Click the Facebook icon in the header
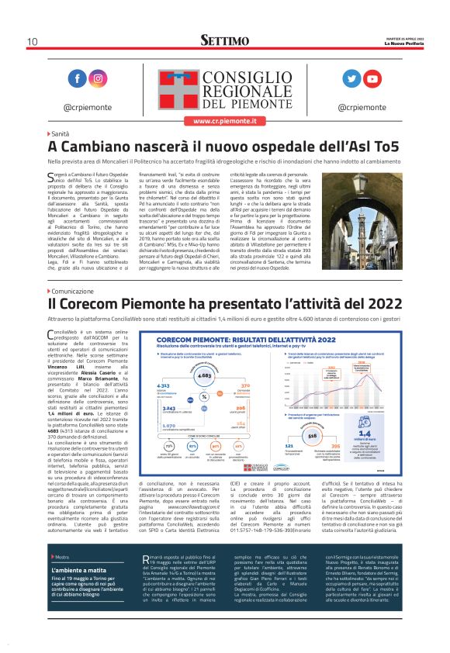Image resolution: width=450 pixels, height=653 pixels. [78, 79]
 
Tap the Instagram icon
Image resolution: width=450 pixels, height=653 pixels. [99, 79]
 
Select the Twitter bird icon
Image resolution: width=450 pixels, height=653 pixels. [351, 79]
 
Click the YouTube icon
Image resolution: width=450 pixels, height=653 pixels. [372, 79]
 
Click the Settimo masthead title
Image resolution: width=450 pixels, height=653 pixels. [224, 40]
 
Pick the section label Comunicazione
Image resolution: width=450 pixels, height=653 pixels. [78, 291]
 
